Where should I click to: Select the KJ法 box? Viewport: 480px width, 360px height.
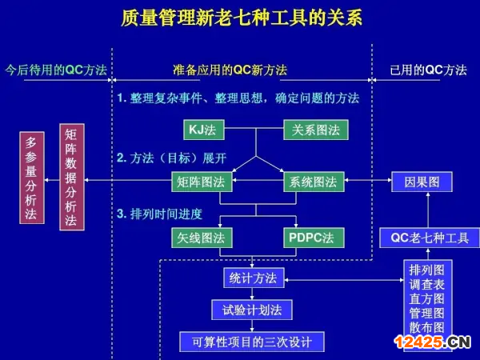coord(202,129)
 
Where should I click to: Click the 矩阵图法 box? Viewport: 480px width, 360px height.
coord(202,182)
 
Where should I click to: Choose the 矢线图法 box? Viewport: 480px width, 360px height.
coord(202,238)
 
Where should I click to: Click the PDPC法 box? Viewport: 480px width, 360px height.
coord(314,238)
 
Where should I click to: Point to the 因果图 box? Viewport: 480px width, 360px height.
coord(422,182)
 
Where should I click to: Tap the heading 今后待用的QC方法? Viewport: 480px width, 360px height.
coord(55,70)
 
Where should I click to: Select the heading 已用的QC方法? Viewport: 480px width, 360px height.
coord(428,70)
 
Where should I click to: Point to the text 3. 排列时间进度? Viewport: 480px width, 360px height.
coord(160,214)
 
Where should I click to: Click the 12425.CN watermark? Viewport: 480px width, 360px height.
coord(436,343)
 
